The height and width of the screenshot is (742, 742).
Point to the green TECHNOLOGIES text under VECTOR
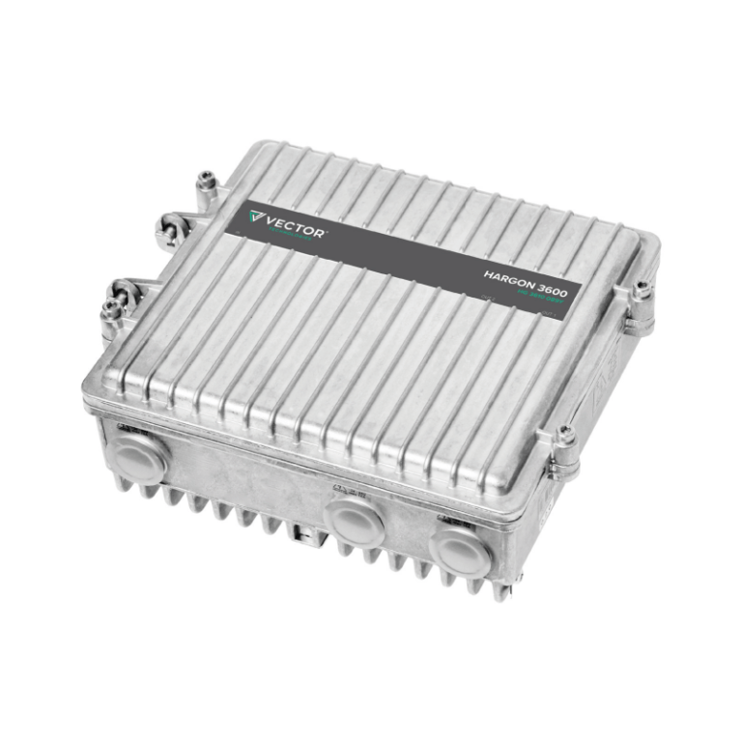(x=288, y=235)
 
